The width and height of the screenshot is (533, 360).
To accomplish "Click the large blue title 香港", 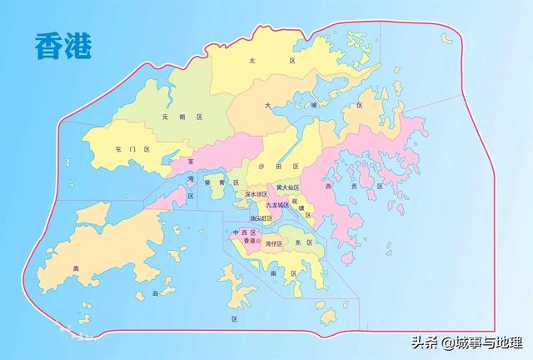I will tap(62, 45).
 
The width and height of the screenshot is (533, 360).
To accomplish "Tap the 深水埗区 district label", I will tap(257, 194).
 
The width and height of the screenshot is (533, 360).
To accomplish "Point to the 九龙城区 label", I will tap(277, 205).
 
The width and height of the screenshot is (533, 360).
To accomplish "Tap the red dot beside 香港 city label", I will tap(260, 242).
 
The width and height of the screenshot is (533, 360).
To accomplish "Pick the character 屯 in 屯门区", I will tap(119, 148).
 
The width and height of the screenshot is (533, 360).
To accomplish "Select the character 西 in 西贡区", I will tap(330, 187).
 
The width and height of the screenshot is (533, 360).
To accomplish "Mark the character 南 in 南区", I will tap(273, 272).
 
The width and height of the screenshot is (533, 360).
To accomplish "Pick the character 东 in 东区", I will tap(297, 242).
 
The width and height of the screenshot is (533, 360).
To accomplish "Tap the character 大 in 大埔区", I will tap(268, 106).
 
